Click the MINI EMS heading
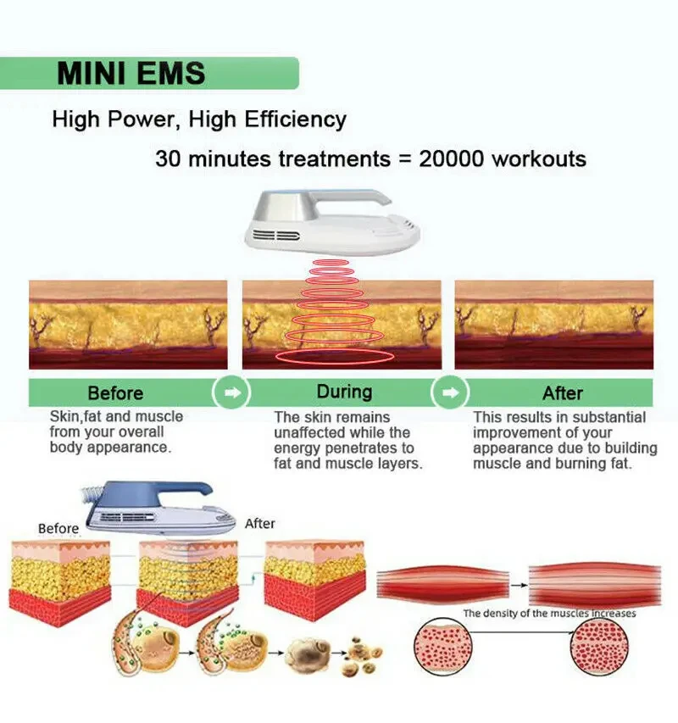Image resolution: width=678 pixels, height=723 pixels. pos(131,73)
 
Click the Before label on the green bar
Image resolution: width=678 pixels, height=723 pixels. pos(115,393)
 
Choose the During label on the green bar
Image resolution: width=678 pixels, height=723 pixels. pos(344,392)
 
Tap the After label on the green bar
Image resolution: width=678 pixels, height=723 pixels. pos(563,393)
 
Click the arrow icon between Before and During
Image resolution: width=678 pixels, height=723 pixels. pos(235,393)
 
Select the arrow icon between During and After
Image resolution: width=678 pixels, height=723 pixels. pos(450,393)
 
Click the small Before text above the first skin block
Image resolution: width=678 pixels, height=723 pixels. pos(58,529)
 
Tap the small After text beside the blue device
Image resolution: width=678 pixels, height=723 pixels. pos(260,524)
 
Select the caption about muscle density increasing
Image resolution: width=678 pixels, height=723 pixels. pos(549,613)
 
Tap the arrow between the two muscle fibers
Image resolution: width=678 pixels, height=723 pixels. pos(519,581)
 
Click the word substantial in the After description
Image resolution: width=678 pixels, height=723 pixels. pos(603,417)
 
